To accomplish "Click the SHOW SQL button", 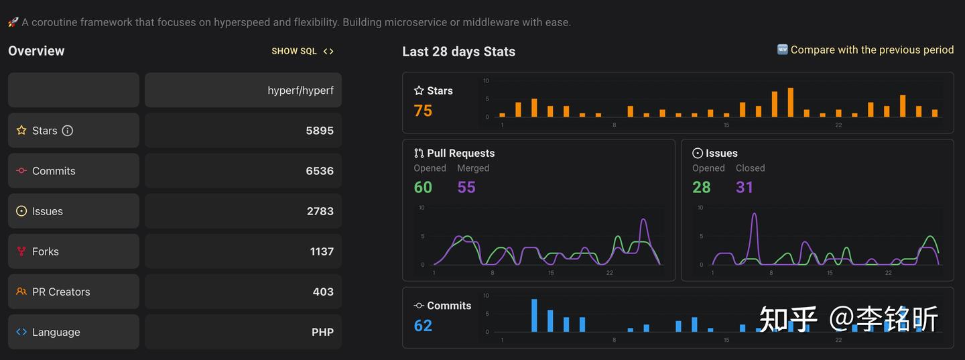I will pos(302,51).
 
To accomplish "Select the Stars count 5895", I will pos(320,131).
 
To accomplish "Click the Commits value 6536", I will pos(320,171).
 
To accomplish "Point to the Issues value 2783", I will pos(320,211).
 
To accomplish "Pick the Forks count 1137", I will pos(322,251).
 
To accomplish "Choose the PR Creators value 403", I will pos(323,292).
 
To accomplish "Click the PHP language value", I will pos(322,332).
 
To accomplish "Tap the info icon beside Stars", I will pos(68,131).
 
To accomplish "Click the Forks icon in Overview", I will pos(21,251).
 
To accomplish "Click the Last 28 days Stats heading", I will pos(458,52).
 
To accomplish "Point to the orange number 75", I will pos(423,111).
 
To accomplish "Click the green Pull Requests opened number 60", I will pos(423,187).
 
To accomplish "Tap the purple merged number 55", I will pos(466,187).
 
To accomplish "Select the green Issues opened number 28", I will pos(701,187).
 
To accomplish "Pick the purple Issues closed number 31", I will pos(745,187).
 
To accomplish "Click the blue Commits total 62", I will pos(423,325).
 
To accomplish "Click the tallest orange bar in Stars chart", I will pos(791,103).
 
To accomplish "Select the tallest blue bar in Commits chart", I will pos(534,315).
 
